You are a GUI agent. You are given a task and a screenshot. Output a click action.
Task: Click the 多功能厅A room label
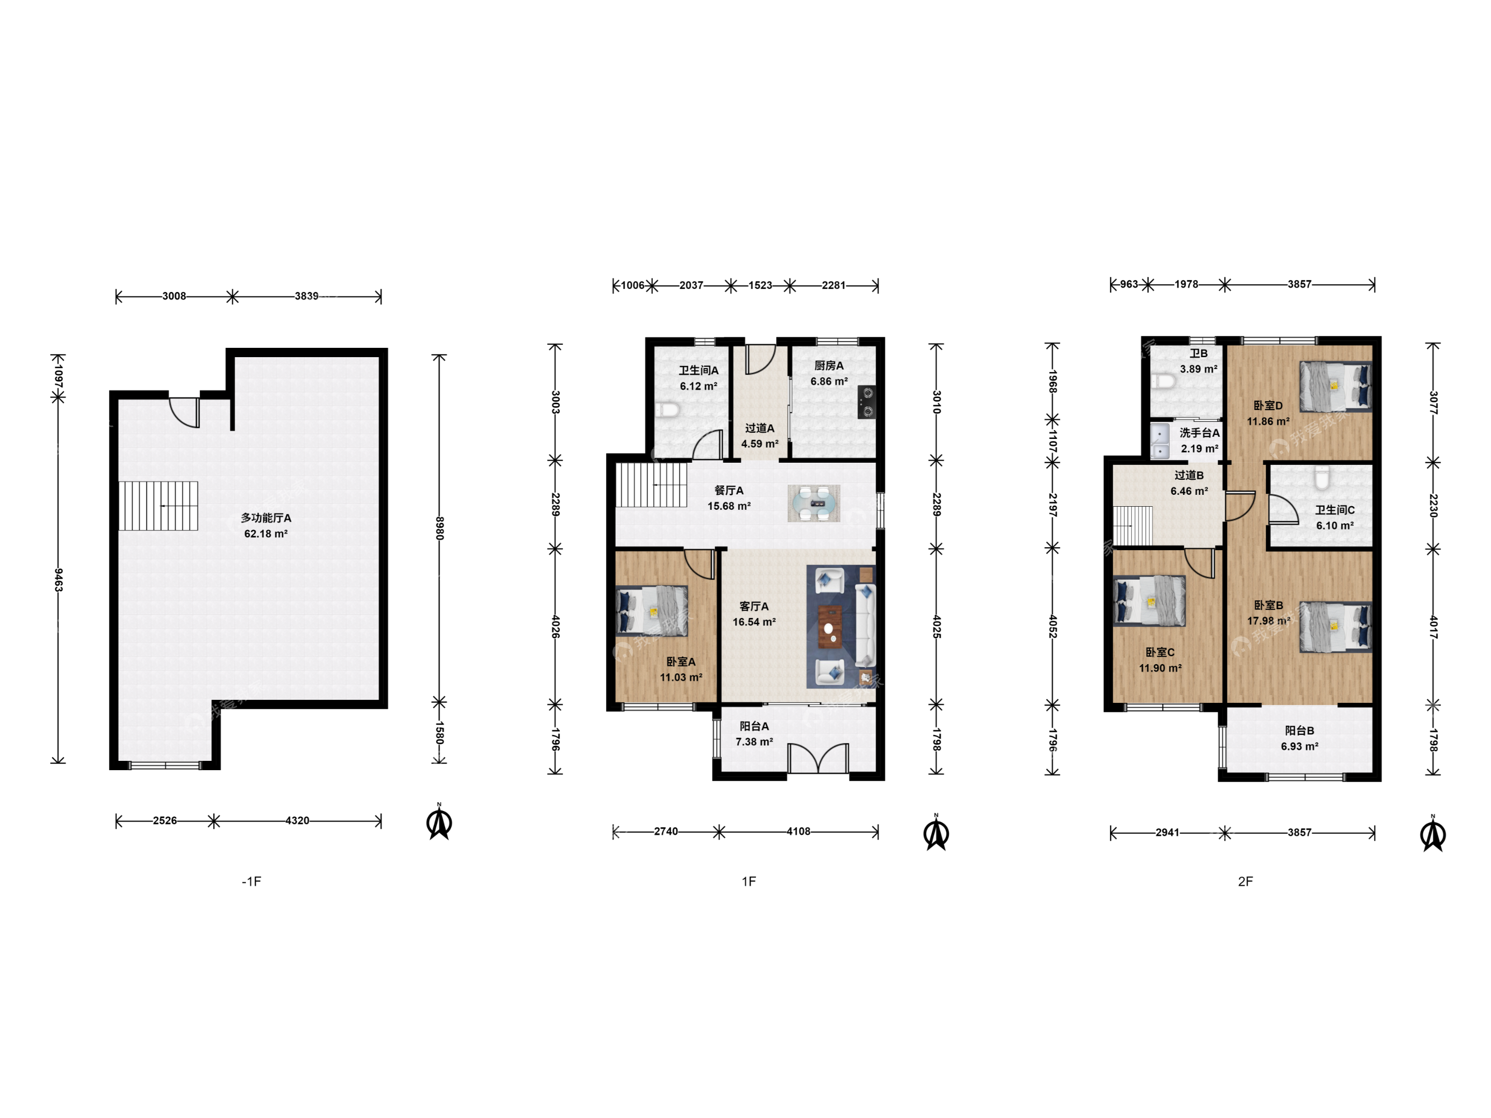[266, 518]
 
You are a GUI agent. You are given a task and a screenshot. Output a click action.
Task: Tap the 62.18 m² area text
[266, 534]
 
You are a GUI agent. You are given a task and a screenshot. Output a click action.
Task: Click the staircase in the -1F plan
[158, 505]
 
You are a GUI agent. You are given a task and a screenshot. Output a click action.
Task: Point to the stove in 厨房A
[867, 402]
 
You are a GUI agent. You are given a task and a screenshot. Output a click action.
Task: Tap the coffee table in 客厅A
[830, 627]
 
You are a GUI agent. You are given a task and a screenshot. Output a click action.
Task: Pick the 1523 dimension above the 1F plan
[761, 286]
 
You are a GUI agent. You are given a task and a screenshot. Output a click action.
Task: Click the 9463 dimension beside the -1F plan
[59, 580]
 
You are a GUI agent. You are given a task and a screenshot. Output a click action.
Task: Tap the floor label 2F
[1245, 881]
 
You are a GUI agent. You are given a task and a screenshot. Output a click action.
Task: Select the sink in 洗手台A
[1159, 441]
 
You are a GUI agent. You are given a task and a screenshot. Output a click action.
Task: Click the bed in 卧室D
[1335, 386]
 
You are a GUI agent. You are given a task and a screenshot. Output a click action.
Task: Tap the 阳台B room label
[1299, 730]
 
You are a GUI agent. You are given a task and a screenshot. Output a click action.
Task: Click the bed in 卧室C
[1149, 601]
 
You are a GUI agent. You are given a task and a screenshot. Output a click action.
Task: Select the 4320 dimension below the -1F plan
[297, 821]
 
